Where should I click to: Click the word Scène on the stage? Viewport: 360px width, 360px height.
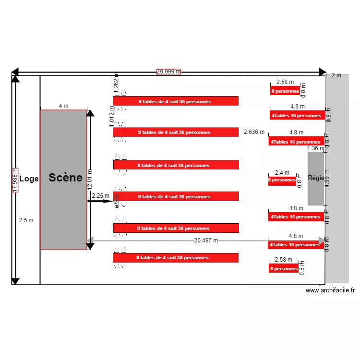pos(65,178)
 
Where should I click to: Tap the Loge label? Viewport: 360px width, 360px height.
pos(29,179)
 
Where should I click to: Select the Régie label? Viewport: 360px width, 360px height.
pos(316,178)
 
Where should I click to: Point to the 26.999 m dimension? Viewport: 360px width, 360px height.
pos(168,72)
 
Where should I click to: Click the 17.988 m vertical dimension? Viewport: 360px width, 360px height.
pos(15,180)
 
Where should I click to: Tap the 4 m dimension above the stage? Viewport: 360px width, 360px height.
pos(63,106)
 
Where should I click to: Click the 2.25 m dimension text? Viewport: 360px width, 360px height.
pos(100,196)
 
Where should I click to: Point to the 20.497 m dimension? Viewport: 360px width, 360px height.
pos(206,240)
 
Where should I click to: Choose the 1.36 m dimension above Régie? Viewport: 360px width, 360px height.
pos(315,149)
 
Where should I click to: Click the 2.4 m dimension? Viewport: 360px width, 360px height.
pos(282,173)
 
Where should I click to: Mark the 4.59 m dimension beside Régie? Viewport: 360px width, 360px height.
pos(327,179)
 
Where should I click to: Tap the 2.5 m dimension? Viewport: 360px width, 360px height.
pos(26,220)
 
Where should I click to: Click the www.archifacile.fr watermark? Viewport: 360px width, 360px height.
pos(330,290)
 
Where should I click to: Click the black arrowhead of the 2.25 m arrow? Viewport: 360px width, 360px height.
pos(109,201)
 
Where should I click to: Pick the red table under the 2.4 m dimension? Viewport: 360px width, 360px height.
pos(282,180)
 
